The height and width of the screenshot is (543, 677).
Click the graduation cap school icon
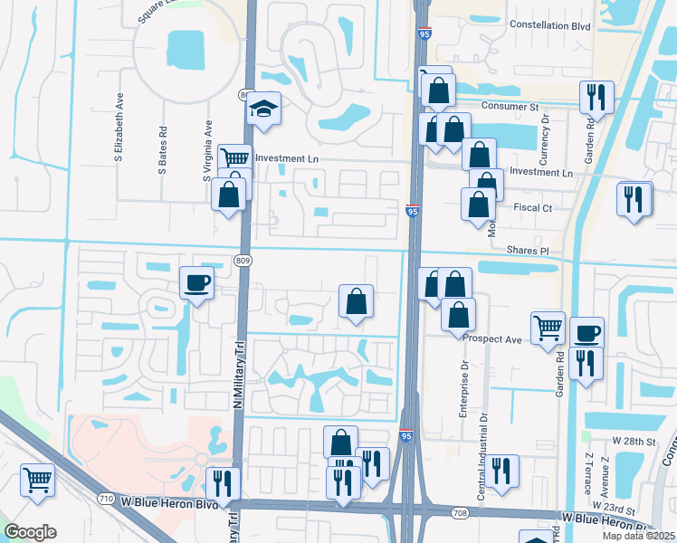[x=264, y=110]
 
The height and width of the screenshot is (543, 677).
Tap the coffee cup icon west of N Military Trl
[x=196, y=283]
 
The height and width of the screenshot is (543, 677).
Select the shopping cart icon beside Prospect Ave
[x=547, y=328]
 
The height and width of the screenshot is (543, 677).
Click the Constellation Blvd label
[x=550, y=25]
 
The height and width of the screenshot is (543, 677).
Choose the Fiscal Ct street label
[x=533, y=208]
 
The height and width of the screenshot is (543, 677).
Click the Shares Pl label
[x=529, y=251]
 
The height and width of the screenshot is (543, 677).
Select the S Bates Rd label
[x=163, y=149]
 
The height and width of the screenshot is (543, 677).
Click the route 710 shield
[x=107, y=499]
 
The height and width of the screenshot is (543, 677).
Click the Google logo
[x=30, y=532]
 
